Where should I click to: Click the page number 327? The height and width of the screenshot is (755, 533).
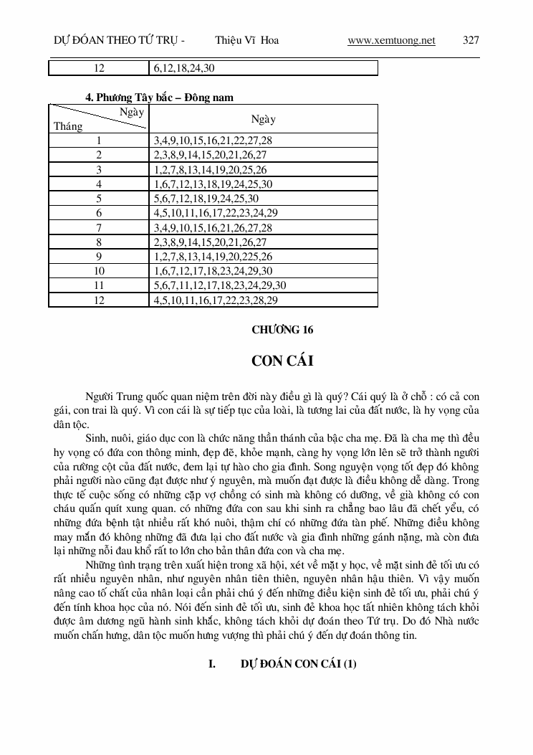(471, 41)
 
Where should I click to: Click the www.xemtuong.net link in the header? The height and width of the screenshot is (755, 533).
(391, 41)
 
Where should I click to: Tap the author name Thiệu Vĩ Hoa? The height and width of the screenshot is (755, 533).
(246, 41)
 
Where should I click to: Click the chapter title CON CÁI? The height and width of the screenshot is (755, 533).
(282, 361)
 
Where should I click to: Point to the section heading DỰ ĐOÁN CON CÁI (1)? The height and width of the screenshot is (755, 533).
(298, 665)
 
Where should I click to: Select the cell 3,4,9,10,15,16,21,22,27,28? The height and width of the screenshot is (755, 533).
(213, 141)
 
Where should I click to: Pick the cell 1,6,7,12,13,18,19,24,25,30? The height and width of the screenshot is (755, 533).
(213, 184)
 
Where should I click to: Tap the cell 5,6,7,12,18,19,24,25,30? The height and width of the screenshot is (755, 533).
(206, 199)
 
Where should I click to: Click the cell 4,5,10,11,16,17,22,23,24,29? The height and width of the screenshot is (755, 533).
(216, 213)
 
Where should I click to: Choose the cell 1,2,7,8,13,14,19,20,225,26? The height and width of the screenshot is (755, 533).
(213, 257)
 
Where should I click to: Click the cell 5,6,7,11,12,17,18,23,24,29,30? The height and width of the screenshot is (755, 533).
(220, 286)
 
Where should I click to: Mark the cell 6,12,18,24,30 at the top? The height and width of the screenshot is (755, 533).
(183, 68)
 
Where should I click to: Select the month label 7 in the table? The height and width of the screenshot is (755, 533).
(99, 228)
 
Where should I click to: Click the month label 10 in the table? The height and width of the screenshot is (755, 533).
(99, 272)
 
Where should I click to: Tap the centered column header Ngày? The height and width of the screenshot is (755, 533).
(263, 119)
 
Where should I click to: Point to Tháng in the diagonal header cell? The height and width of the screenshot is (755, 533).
(68, 127)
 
